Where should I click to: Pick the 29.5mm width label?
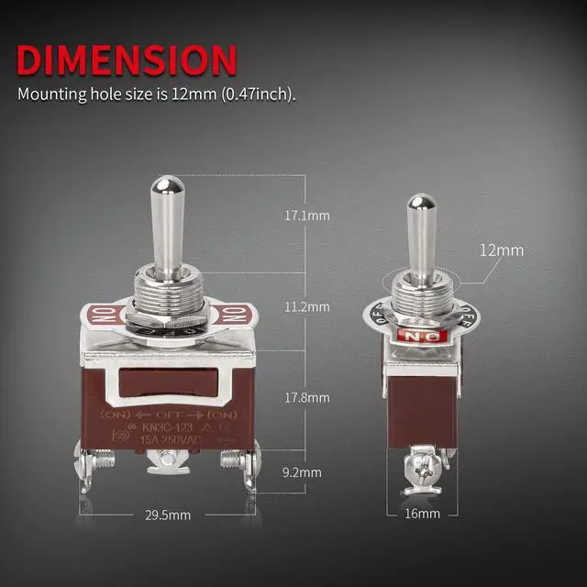click(170, 515)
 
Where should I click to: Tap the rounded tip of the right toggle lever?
click(421, 202)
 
